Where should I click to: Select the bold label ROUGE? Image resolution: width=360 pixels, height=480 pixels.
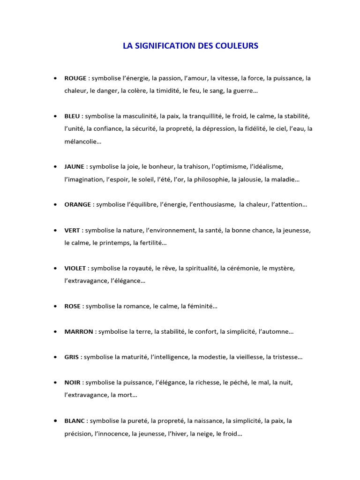pos(75,78)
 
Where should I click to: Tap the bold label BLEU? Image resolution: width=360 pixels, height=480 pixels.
pos(73,116)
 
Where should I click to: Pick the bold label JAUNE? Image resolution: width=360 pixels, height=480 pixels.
pos(75,166)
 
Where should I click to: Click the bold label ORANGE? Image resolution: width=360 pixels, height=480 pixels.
pos(78,205)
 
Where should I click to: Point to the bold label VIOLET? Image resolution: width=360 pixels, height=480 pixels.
pos(75,268)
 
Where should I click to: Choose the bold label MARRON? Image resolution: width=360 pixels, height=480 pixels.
pos(79,332)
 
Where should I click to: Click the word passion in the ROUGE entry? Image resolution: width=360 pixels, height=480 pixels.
pos(171,78)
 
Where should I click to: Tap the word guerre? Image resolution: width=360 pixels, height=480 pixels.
pos(242,91)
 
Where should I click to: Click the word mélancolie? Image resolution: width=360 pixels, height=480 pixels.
pos(82,141)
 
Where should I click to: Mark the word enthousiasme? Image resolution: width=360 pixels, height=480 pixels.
pos(213,205)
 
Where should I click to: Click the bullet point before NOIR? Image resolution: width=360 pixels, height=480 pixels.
pos(56,382)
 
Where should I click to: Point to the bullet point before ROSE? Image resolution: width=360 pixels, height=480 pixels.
pos(56,306)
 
